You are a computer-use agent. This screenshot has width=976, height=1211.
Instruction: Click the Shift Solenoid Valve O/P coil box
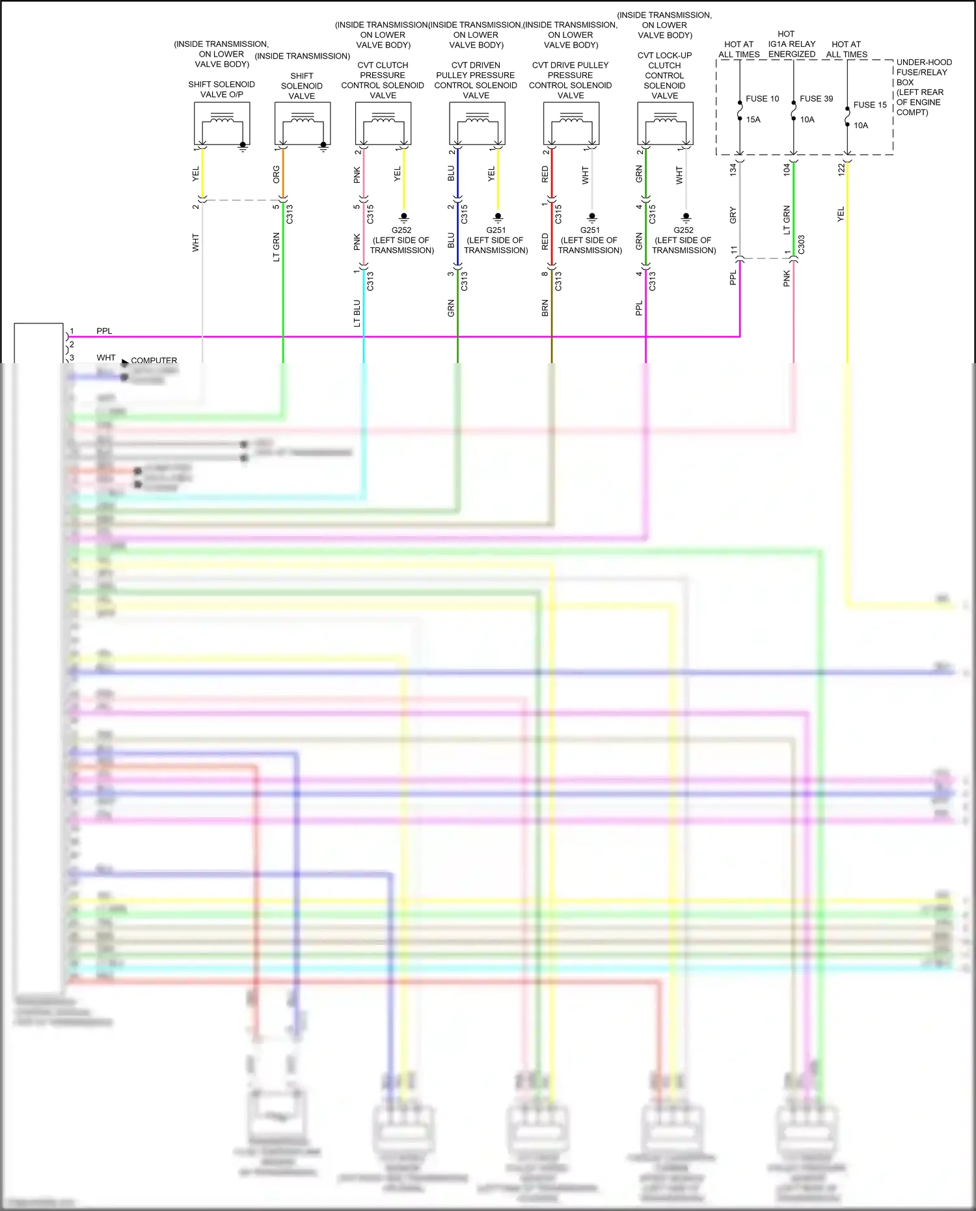[222, 124]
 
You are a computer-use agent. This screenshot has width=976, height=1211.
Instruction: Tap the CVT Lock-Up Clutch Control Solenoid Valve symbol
[665, 124]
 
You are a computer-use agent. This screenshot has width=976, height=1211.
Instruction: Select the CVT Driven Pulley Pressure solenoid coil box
[477, 124]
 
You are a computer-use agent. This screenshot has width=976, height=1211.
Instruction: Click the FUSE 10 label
[762, 99]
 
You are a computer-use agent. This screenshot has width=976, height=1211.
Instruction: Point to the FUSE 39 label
[816, 99]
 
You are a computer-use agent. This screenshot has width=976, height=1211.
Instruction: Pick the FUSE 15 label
[870, 105]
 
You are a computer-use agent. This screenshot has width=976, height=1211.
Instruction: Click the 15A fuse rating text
[753, 120]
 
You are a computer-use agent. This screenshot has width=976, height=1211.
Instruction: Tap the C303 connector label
[802, 245]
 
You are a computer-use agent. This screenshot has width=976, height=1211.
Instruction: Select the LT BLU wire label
[357, 313]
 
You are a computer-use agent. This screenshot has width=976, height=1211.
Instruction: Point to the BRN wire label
[545, 308]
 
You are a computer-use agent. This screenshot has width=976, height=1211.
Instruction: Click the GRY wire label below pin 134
[733, 215]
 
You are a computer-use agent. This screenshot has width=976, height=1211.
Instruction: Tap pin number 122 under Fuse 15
[841, 169]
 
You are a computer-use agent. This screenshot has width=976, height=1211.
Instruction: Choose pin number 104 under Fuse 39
[787, 169]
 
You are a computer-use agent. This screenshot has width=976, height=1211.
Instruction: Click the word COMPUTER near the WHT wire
[154, 361]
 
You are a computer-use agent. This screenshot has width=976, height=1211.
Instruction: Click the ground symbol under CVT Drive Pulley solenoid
[592, 217]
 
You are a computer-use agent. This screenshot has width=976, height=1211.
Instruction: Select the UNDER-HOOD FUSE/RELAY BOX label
[923, 87]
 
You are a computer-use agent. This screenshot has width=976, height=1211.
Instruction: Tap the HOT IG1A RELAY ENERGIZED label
[791, 44]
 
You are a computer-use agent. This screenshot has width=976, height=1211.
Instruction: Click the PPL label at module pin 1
[104, 331]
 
